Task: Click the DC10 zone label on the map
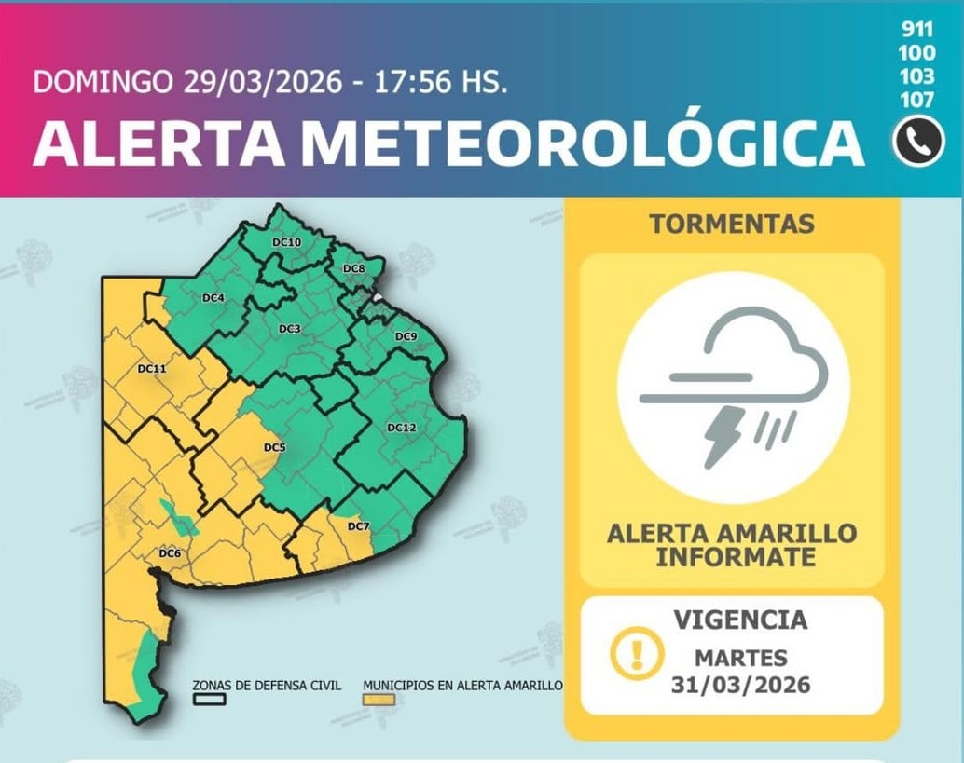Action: (x=286, y=242)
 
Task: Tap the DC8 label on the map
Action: (x=354, y=269)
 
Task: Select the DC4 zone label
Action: (x=213, y=298)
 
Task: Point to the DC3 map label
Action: (x=289, y=329)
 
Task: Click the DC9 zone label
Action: (x=406, y=336)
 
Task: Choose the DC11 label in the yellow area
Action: (x=151, y=369)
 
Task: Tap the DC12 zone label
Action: (x=401, y=428)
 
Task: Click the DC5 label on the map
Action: (x=274, y=448)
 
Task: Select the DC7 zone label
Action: (x=358, y=527)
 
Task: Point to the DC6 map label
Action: (x=169, y=553)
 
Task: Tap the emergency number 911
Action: (x=917, y=28)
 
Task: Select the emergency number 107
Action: (x=917, y=99)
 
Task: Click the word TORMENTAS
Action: (x=732, y=224)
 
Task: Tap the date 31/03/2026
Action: (x=741, y=685)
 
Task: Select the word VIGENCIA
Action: (x=741, y=619)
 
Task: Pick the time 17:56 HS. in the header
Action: (x=441, y=82)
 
